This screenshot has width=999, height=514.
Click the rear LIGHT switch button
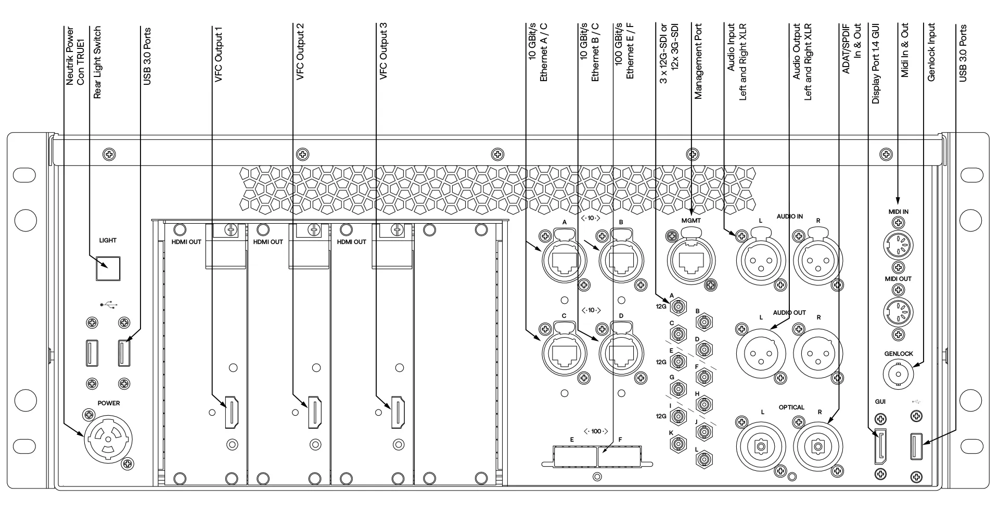108,268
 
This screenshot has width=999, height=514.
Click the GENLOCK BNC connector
899,374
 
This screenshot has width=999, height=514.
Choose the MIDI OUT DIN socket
899,312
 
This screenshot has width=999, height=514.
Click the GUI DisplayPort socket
880,446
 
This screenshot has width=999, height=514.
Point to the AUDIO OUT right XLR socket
818,353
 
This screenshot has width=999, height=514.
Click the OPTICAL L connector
761,446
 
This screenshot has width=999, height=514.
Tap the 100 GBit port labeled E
575,456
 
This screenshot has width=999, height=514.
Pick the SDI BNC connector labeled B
704,323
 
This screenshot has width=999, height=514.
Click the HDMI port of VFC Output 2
315,413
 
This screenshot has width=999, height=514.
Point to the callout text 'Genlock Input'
931,53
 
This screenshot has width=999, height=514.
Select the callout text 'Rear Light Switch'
97,63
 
